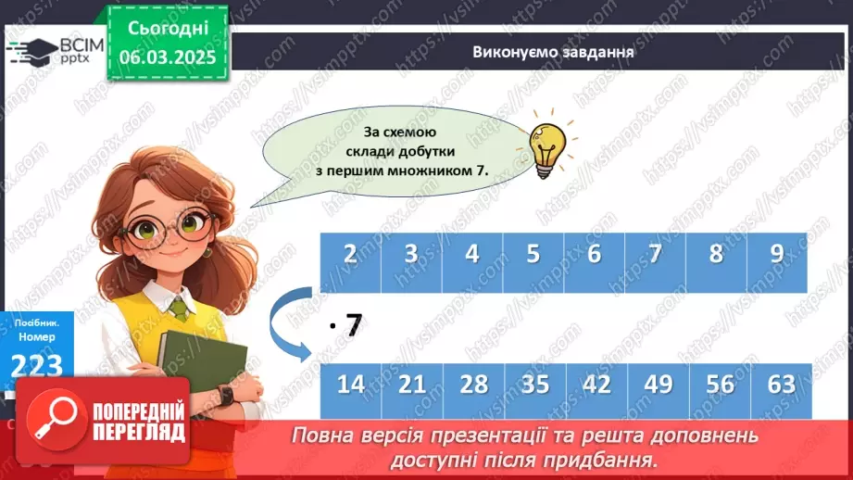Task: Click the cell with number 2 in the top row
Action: click(x=351, y=254)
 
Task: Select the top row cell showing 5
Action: click(x=533, y=254)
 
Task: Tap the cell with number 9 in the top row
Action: click(x=777, y=254)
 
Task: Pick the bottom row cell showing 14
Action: click(x=351, y=384)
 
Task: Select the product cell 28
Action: click(x=473, y=384)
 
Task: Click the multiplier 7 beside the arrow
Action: click(x=352, y=325)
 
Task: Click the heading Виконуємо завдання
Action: click(x=552, y=51)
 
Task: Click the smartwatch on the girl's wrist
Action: click(x=224, y=395)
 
